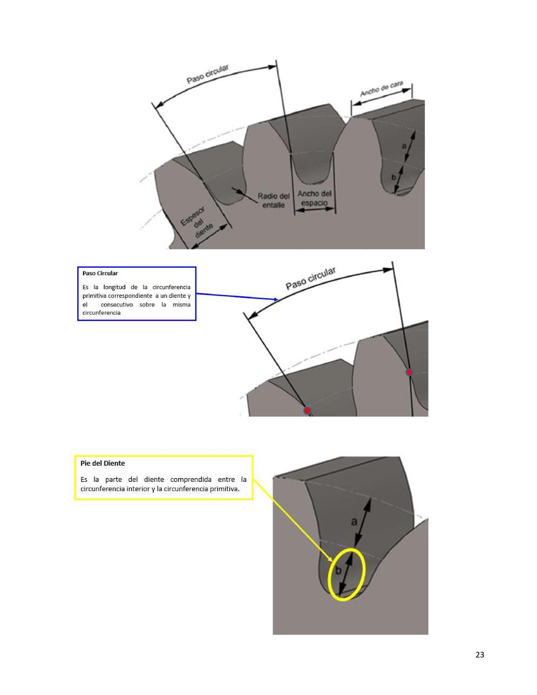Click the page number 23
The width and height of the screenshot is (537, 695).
[x=479, y=655]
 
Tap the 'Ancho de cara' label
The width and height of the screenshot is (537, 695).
[x=382, y=88]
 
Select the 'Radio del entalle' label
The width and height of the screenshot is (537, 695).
[x=274, y=200]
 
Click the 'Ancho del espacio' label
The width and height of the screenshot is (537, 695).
[x=315, y=198]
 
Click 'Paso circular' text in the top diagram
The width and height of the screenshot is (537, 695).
[x=208, y=74]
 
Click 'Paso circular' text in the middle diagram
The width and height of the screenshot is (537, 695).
[x=310, y=278]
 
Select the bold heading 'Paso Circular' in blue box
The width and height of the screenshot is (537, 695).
[x=100, y=273]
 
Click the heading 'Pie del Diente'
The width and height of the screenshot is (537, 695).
[x=103, y=463]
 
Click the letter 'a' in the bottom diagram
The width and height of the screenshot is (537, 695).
[x=354, y=522]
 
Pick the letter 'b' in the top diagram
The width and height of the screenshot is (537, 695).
[x=394, y=177]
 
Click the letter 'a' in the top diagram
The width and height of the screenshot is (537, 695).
[x=404, y=146]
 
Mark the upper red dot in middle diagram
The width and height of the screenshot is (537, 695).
[x=409, y=372]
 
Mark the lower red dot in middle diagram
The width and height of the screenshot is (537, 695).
[x=307, y=410]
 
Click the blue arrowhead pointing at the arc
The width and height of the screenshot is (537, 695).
[x=276, y=299]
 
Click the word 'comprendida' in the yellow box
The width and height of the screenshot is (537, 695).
[x=191, y=480]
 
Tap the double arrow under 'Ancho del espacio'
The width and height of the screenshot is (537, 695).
[x=315, y=209]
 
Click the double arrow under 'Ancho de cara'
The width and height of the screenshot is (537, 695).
[x=381, y=97]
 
